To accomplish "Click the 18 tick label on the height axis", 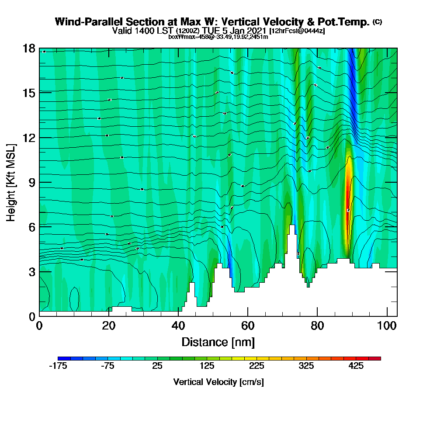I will point(29,48).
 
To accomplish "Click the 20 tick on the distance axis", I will point(109,316).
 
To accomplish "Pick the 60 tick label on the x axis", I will point(248,326).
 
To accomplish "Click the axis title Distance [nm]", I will point(218,342).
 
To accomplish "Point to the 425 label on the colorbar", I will point(356,366).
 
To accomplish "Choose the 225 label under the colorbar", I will point(257,366).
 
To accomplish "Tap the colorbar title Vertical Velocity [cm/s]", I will point(218,382).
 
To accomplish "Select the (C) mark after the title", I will point(377,22).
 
